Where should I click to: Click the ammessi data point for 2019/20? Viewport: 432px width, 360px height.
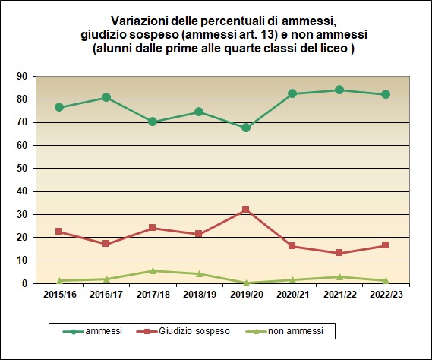pyautogui.click(x=246, y=128)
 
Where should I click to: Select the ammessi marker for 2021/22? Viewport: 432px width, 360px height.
pyautogui.click(x=339, y=90)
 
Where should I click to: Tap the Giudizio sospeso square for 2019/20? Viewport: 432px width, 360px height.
pyautogui.click(x=246, y=210)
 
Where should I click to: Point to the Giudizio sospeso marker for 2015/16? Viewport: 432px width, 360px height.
pyautogui.click(x=60, y=232)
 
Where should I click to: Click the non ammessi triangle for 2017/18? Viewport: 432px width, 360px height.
pyautogui.click(x=153, y=270)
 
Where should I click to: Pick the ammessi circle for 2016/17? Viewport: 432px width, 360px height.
pyautogui.click(x=106, y=97)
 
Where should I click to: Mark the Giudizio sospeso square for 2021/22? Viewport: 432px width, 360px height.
pyautogui.click(x=339, y=253)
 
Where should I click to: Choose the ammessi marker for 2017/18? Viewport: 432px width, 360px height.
pyautogui.click(x=153, y=122)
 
